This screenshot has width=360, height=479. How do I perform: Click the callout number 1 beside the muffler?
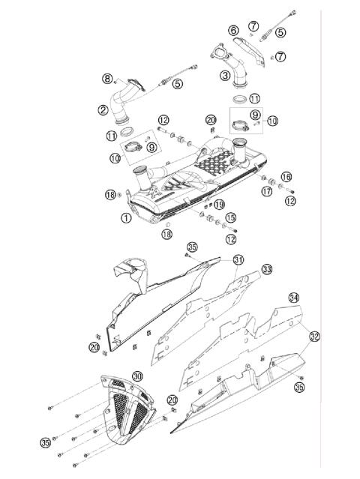(x=125, y=217)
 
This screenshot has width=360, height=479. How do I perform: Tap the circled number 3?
(x=225, y=75)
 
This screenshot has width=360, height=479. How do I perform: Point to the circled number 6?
(x=233, y=30)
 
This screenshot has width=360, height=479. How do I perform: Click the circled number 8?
(x=107, y=78)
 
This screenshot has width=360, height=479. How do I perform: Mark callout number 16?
(x=286, y=175)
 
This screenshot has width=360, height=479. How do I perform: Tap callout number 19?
(x=219, y=204)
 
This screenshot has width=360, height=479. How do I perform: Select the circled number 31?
(x=238, y=259)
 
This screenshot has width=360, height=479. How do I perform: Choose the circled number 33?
(x=266, y=268)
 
